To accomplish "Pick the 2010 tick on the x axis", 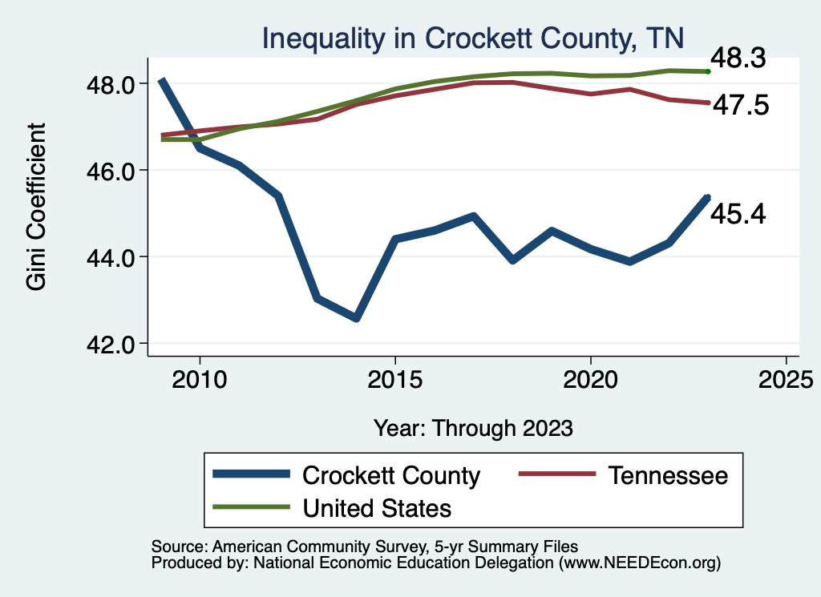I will tap(200, 377).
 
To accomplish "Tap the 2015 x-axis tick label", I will tap(394, 377).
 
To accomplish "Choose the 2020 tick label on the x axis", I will tap(590, 377).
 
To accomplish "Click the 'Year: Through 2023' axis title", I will tap(473, 428).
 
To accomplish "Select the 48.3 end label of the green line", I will tap(741, 58).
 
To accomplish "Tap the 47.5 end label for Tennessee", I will tap(741, 105).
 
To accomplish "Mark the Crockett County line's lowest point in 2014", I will tap(356, 318).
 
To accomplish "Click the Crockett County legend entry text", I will tap(390, 475).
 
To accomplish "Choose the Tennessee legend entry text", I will tap(667, 475).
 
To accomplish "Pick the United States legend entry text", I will tap(377, 508).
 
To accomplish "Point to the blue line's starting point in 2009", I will tap(161, 81).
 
